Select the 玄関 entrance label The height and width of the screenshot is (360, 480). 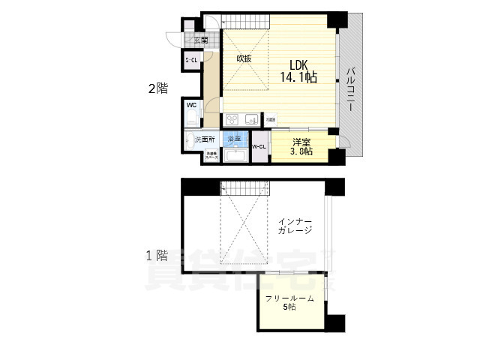(201, 41)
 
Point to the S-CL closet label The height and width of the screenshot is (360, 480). (192, 60)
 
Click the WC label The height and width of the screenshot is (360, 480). (191, 106)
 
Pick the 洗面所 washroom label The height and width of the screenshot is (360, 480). (205, 139)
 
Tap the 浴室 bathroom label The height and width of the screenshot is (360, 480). (235, 139)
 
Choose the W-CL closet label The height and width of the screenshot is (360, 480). (259, 146)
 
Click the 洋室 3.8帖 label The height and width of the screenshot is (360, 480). (303, 146)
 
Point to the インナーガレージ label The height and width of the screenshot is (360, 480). (294, 226)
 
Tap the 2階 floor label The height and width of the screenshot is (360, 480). (157, 88)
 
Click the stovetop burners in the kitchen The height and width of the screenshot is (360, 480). (232, 119)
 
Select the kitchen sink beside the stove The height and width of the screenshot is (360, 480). (250, 119)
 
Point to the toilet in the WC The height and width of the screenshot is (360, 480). (193, 119)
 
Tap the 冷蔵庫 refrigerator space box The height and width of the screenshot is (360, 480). (271, 119)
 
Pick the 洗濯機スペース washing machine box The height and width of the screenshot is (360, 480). (211, 156)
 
